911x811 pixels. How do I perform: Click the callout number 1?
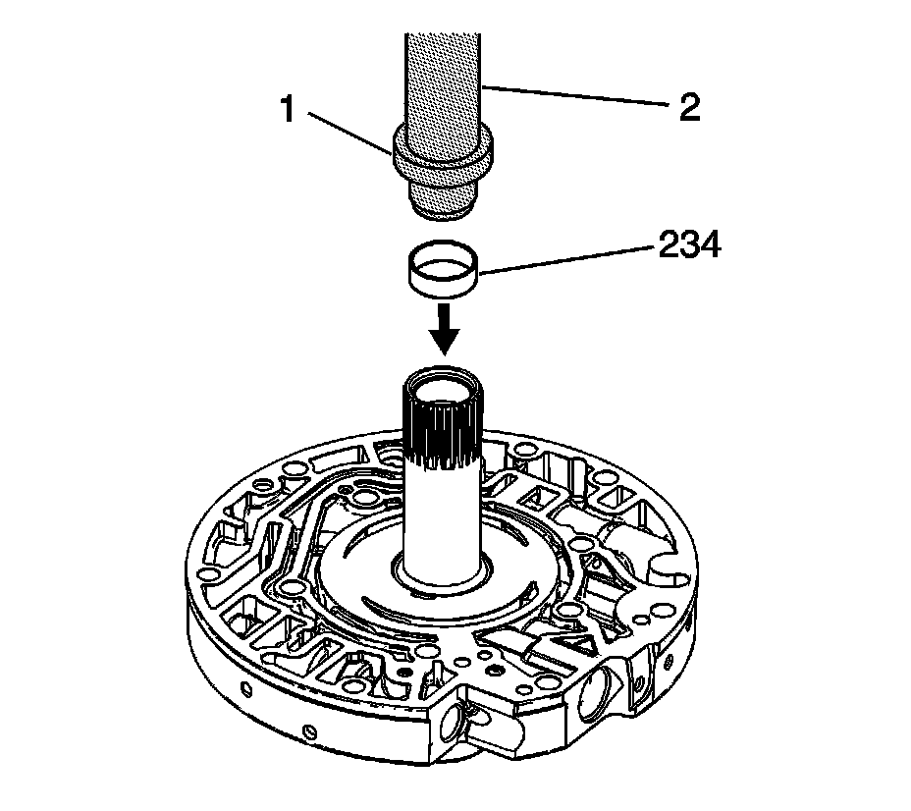(x=288, y=108)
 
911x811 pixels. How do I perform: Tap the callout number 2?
(x=689, y=106)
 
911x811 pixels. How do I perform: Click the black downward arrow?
(x=444, y=329)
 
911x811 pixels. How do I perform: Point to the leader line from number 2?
(x=579, y=98)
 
